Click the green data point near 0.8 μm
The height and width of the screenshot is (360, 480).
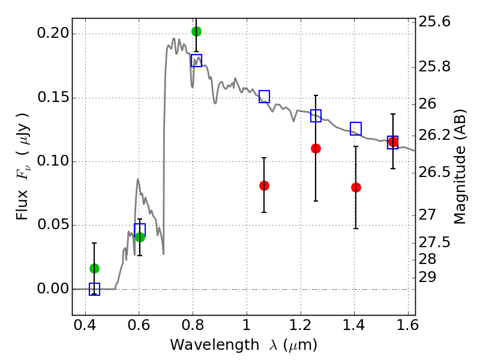(197, 31)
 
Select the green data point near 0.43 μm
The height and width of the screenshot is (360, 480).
(94, 268)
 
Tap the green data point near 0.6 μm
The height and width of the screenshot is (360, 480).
(140, 237)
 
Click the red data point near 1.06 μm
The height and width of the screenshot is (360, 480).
(264, 185)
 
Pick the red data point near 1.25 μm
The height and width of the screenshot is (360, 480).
(316, 148)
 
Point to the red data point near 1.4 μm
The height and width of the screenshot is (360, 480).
(356, 187)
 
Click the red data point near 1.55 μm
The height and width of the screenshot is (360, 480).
(393, 142)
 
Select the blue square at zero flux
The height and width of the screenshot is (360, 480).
(94, 289)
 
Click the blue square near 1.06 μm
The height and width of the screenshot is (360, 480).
(264, 97)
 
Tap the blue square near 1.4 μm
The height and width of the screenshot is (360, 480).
(356, 128)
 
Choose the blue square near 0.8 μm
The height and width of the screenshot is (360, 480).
(197, 61)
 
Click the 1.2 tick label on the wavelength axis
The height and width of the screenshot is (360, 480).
(301, 325)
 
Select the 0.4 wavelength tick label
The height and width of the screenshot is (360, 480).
(85, 325)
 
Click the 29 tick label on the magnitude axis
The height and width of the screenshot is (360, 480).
(427, 277)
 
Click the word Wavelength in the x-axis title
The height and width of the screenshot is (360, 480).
(215, 344)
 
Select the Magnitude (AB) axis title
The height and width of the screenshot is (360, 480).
(459, 167)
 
